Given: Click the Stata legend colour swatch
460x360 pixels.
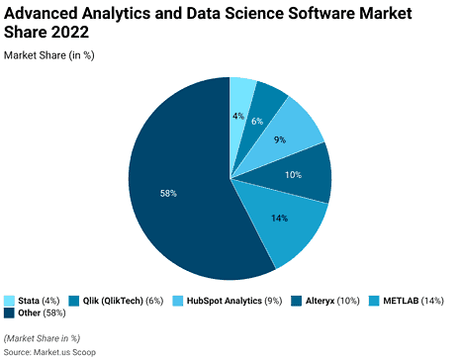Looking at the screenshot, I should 10,300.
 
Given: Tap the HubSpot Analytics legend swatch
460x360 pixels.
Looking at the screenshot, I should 178,300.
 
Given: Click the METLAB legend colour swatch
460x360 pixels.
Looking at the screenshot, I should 374,300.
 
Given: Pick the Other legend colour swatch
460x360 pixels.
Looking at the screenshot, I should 10,313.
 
